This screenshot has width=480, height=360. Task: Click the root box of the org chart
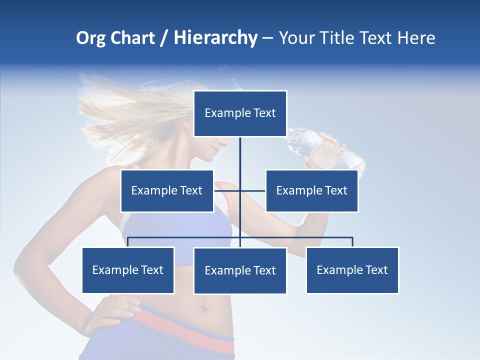[x=240, y=113]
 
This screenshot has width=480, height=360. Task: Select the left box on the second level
[x=167, y=190]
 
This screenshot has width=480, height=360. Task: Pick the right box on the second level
[x=311, y=190]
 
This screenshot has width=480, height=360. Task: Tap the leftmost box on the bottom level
[x=128, y=270]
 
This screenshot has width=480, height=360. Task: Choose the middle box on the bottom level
[x=240, y=270]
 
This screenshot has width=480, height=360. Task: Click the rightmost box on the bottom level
[x=352, y=270]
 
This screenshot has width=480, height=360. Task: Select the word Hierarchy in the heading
[x=215, y=38]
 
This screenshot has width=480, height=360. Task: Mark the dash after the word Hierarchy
[x=267, y=38]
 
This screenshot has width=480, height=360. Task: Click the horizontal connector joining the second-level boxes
[x=227, y=190]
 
